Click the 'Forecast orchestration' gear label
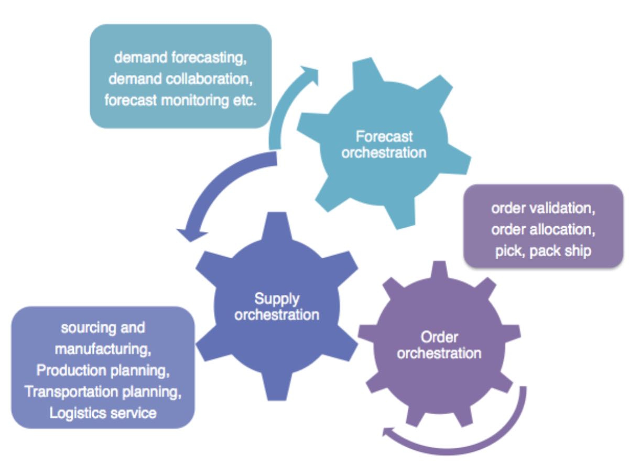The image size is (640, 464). tap(384, 145)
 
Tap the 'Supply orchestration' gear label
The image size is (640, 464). tap(277, 307)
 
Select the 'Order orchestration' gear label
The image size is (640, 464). tap(439, 345)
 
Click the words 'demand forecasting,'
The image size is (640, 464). tap(180, 57)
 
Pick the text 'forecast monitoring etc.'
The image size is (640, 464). tap(180, 100)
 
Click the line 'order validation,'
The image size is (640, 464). tap(543, 208)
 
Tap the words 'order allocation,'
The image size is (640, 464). tap(543, 229)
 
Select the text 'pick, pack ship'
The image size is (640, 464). tap(543, 251)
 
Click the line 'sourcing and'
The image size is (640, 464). tap(103, 328)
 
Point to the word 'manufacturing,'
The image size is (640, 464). tap(103, 349)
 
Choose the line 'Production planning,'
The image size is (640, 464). tap(103, 370)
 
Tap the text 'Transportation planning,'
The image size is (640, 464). tap(103, 391)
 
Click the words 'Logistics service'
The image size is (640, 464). tap(103, 413)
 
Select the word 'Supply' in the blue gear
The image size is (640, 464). tap(277, 299)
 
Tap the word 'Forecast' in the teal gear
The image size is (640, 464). tap(384, 137)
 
